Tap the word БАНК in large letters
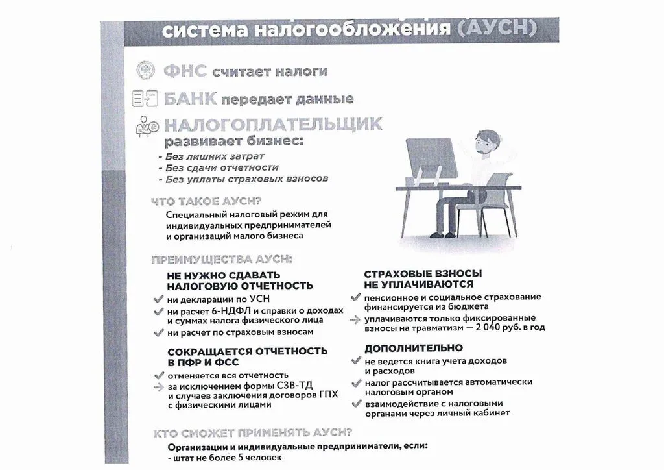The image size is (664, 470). [189, 99]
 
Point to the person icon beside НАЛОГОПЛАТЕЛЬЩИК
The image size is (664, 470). [147, 128]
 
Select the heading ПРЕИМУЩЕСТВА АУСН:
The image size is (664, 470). [221, 260]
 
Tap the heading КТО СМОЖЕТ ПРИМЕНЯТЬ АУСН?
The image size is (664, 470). [253, 433]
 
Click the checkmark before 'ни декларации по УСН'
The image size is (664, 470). [158, 300]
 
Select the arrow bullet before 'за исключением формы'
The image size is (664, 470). [158, 386]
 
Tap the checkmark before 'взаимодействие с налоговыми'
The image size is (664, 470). [355, 404]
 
